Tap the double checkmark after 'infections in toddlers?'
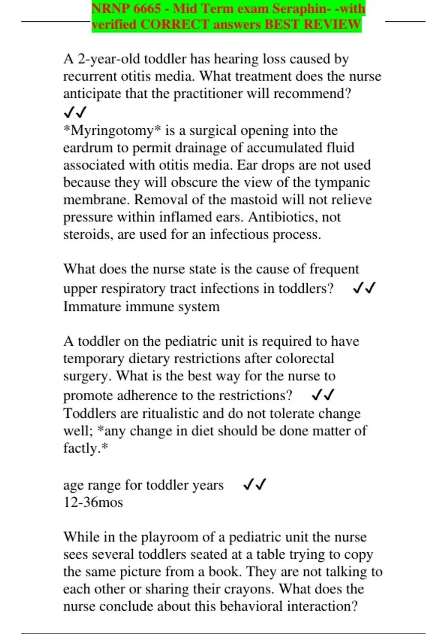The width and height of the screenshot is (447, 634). (x=364, y=288)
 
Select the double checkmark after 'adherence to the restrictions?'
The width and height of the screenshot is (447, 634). (x=323, y=395)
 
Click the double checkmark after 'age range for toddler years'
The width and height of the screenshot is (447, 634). (x=254, y=484)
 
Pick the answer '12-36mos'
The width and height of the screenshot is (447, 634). (x=93, y=502)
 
